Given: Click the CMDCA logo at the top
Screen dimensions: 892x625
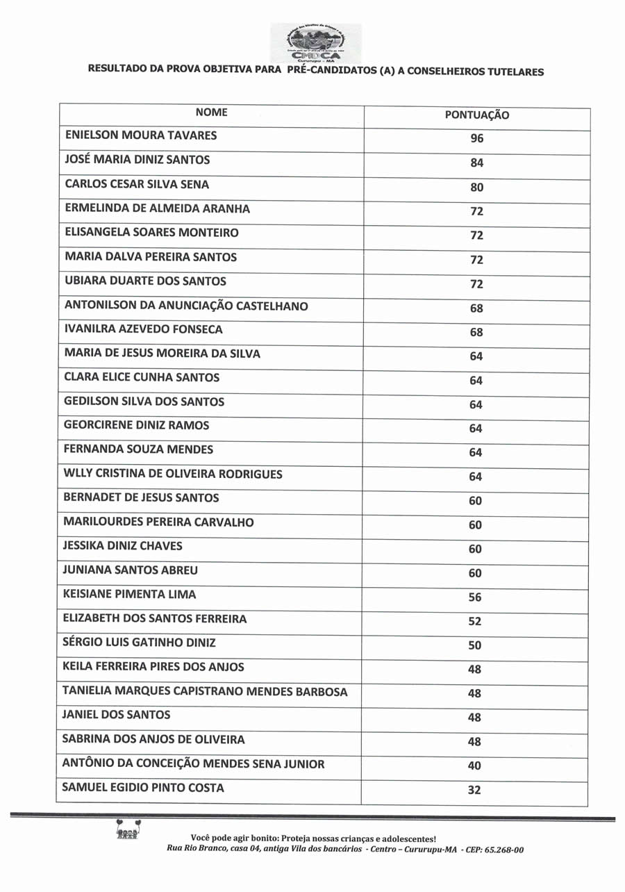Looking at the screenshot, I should pyautogui.click(x=315, y=42).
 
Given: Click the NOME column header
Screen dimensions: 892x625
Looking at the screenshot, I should pyautogui.click(x=211, y=112).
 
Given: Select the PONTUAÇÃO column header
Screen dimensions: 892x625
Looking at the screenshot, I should pyautogui.click(x=476, y=115).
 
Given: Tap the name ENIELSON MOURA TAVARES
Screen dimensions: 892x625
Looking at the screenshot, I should pyautogui.click(x=140, y=135).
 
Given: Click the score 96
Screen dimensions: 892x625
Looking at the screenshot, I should pyautogui.click(x=476, y=139).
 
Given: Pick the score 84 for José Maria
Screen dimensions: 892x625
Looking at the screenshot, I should pyautogui.click(x=476, y=164).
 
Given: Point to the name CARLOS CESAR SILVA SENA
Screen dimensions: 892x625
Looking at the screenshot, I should pyautogui.click(x=137, y=185).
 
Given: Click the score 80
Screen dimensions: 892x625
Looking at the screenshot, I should pyautogui.click(x=476, y=188).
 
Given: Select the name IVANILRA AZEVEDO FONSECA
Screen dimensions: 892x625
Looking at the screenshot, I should pyautogui.click(x=144, y=329).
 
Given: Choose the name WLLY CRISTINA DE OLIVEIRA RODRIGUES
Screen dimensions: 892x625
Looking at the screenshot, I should pyautogui.click(x=173, y=474).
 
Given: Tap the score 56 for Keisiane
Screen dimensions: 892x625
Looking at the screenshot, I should pyautogui.click(x=475, y=597).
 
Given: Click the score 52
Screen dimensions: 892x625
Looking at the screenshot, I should pyautogui.click(x=475, y=622).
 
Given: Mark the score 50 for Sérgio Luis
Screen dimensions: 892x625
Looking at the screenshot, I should pyautogui.click(x=475, y=645).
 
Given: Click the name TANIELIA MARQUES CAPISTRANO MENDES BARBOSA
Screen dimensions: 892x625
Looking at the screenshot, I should pyautogui.click(x=205, y=691).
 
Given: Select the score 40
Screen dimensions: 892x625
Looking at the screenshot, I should pyautogui.click(x=474, y=766).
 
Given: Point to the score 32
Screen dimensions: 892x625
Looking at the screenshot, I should pyautogui.click(x=474, y=791).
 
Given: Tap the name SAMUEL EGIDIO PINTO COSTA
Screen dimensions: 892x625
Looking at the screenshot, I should pyautogui.click(x=143, y=788).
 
